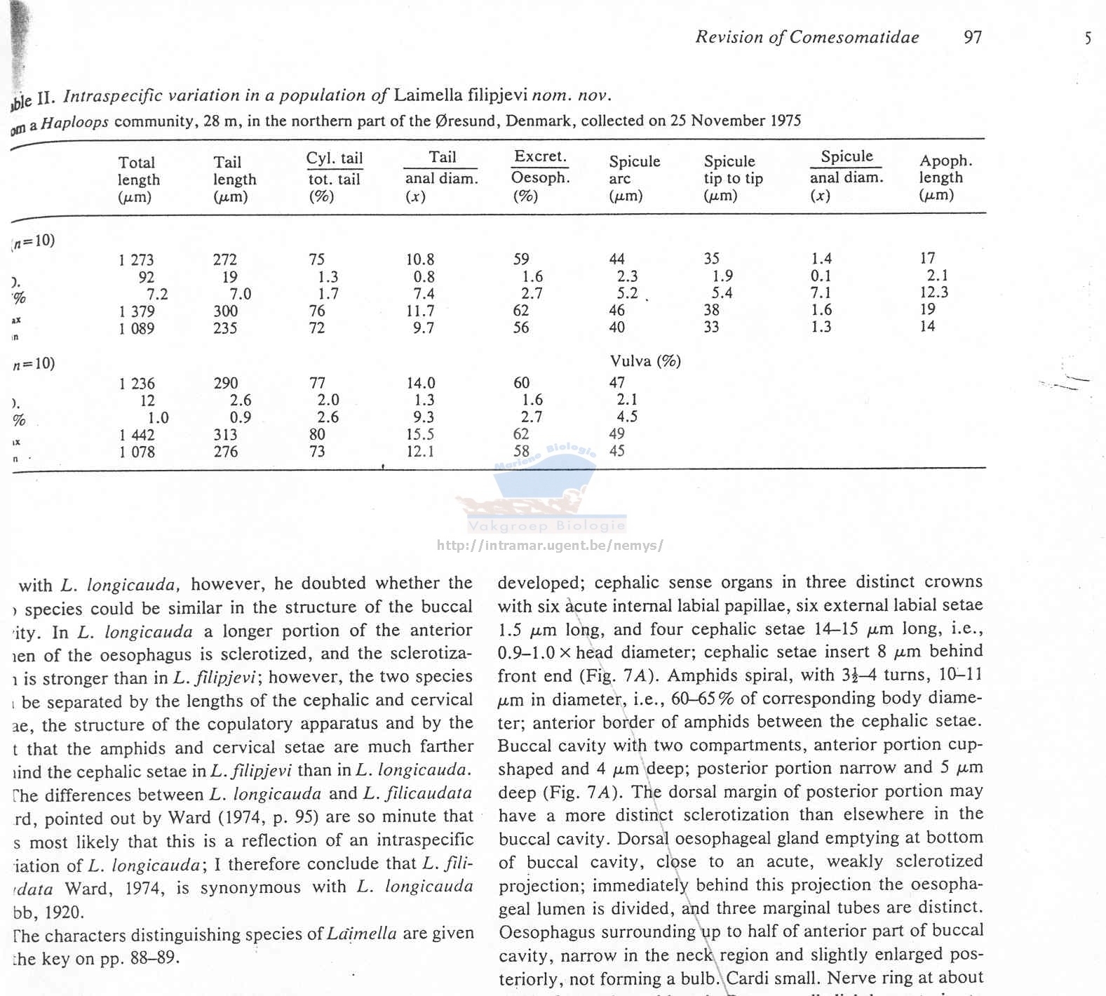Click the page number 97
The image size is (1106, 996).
pyautogui.click(x=973, y=37)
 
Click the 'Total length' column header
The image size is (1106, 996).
pyautogui.click(x=137, y=180)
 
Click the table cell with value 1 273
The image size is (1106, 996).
pyautogui.click(x=136, y=260)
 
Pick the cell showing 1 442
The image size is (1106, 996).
pyautogui.click(x=137, y=435)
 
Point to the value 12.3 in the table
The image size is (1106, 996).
pyautogui.click(x=933, y=292)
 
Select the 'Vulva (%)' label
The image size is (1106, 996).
pyautogui.click(x=645, y=361)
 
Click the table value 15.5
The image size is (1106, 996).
pyautogui.click(x=420, y=435)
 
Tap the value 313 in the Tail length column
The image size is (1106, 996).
pyautogui.click(x=226, y=435)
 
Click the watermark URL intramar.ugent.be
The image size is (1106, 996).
pyautogui.click(x=549, y=545)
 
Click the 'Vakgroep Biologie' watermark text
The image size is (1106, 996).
pyautogui.click(x=546, y=526)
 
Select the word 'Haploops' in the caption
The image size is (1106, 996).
pyautogui.click(x=74, y=123)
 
